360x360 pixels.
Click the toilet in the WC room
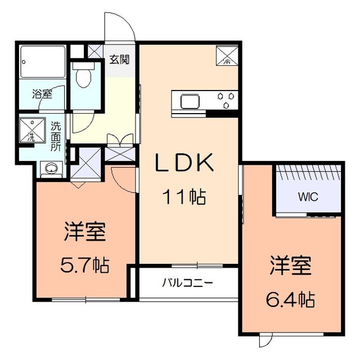click(x=83, y=77)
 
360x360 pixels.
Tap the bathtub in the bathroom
click(x=42, y=61)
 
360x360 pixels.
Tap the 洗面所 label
click(x=56, y=135)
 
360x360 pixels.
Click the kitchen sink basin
click(x=189, y=101)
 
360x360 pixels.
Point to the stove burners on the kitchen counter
click(x=227, y=100)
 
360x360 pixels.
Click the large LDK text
click(x=184, y=164)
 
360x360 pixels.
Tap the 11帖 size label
click(x=184, y=197)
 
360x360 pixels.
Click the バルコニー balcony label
click(x=187, y=282)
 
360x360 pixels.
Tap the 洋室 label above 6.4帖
click(x=290, y=265)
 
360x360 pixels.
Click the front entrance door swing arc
click(x=123, y=25)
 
